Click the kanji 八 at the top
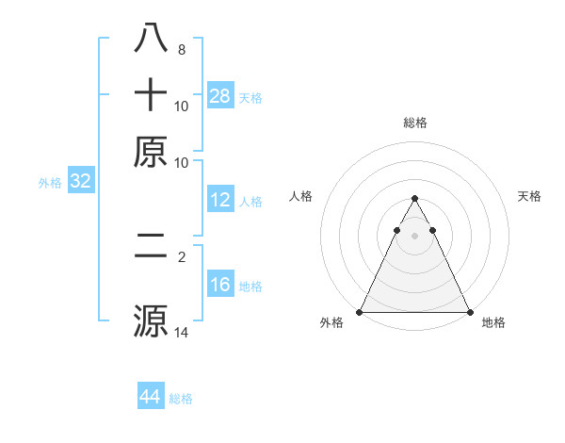[x=152, y=40]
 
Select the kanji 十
[x=152, y=95]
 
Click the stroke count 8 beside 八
[x=182, y=50]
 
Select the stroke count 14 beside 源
[x=182, y=332]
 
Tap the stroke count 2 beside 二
[x=182, y=256]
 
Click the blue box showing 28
[x=220, y=95]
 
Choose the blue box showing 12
[x=220, y=200]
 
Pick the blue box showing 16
[x=220, y=285]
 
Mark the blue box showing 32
[x=80, y=182]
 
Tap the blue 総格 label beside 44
[x=181, y=399]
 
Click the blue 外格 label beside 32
[x=50, y=183]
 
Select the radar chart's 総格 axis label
[x=414, y=123]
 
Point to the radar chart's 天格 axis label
[x=529, y=196]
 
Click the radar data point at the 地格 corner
[x=469, y=312]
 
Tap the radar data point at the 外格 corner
[x=360, y=312]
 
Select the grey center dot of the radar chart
[x=414, y=236]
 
